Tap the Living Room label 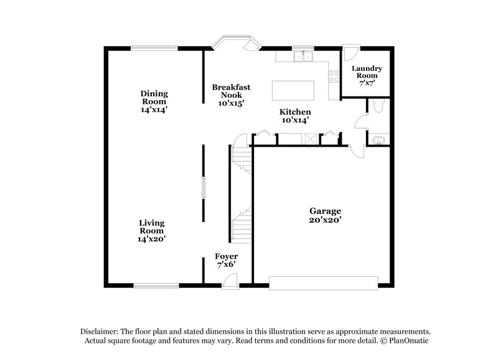pos(152,230)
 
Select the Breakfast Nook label pos(226,95)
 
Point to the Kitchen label pos(294,116)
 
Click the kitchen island pos(294,90)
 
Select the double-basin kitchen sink pos(303,57)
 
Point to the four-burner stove pos(333,78)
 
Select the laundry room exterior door pos(350,49)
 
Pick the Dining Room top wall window pos(154,47)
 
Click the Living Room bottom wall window pos(154,285)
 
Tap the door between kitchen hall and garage pos(356,151)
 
